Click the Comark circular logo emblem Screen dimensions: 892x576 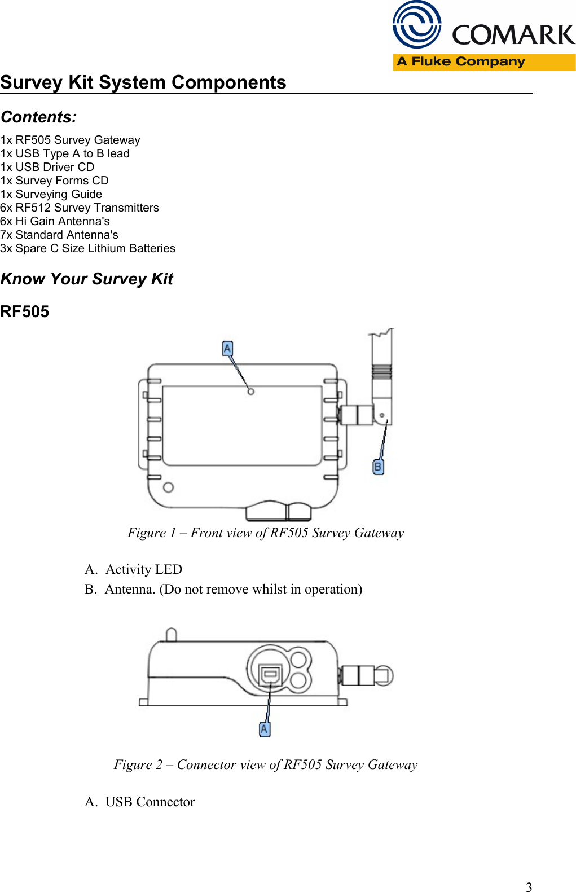coord(417,25)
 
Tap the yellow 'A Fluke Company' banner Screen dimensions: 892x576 coord(483,61)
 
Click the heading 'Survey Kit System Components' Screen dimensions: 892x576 coord(143,82)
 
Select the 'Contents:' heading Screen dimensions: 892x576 coord(39,117)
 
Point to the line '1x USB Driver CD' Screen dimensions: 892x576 coord(47,167)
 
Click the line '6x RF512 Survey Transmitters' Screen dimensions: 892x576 coord(80,208)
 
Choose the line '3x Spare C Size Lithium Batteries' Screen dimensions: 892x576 coord(87,248)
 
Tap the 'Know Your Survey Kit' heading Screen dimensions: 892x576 coord(87,279)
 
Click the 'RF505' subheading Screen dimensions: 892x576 coord(25,311)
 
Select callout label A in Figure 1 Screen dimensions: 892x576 coord(227,349)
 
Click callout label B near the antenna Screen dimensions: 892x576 coord(378,467)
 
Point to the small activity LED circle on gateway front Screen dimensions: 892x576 coord(251,391)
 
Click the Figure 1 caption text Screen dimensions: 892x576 coord(265,533)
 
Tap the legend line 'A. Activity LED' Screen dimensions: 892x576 coord(134,569)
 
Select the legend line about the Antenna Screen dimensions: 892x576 coord(223,589)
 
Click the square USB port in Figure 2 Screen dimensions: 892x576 coord(270,674)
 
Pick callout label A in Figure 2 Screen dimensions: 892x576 coord(264,729)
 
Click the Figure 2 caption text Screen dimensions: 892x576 coord(265,764)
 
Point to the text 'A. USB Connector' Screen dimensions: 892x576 coord(140,802)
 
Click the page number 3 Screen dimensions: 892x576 coord(529,886)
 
